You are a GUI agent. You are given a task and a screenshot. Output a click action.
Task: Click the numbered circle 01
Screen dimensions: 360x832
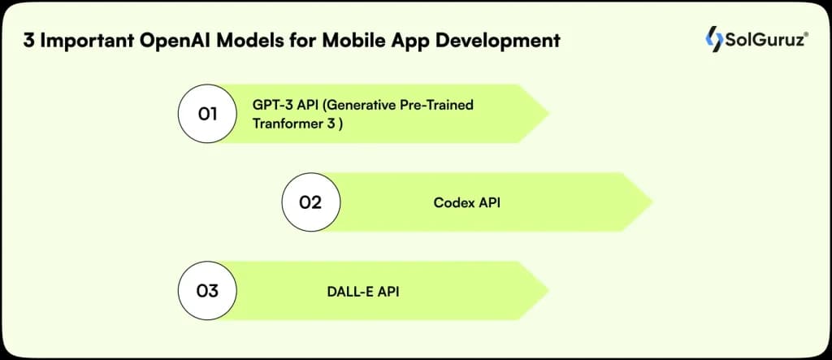[207, 114]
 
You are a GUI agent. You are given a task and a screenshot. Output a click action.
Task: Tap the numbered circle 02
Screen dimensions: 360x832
[311, 202]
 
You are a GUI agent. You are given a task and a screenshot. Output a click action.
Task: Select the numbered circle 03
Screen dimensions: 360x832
[207, 290]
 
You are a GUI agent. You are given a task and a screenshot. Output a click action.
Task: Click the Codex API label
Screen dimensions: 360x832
[466, 202]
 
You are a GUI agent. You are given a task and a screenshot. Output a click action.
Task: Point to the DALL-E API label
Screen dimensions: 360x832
[357, 290]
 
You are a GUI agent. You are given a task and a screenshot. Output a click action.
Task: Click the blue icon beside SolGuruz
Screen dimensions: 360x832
[714, 38]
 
